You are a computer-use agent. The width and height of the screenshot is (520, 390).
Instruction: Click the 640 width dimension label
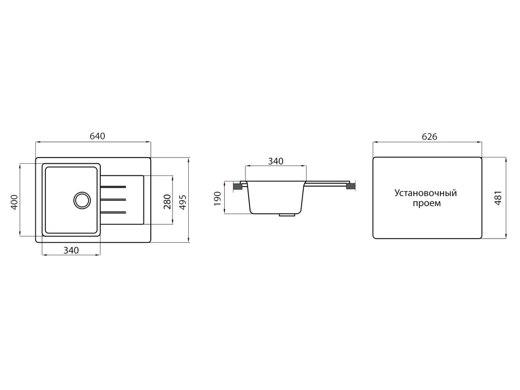click(98, 136)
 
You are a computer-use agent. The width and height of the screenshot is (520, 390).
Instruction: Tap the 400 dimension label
click(14, 202)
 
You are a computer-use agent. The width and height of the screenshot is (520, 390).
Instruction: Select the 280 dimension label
click(167, 202)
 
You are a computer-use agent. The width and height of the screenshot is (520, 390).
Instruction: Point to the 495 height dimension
click(183, 202)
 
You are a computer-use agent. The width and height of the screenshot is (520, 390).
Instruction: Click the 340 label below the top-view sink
click(71, 250)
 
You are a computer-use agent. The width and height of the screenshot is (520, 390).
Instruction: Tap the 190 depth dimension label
click(217, 198)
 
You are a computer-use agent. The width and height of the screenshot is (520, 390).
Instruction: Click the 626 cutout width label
click(430, 136)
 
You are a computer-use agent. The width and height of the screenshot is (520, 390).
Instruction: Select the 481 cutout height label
click(498, 198)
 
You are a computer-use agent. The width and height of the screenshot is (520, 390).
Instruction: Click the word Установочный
click(425, 193)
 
